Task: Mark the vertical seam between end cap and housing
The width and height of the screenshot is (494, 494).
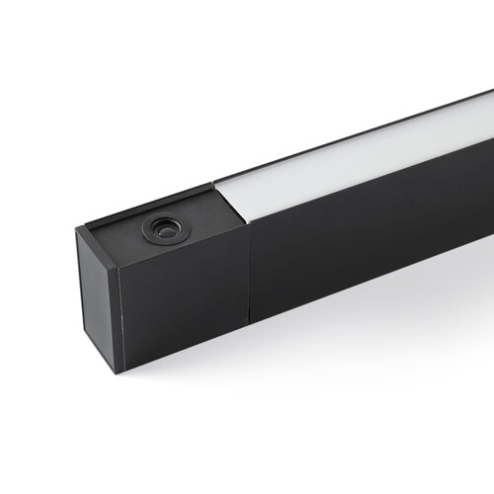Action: [x=248, y=277]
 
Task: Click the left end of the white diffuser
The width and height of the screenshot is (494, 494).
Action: [x=225, y=198]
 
